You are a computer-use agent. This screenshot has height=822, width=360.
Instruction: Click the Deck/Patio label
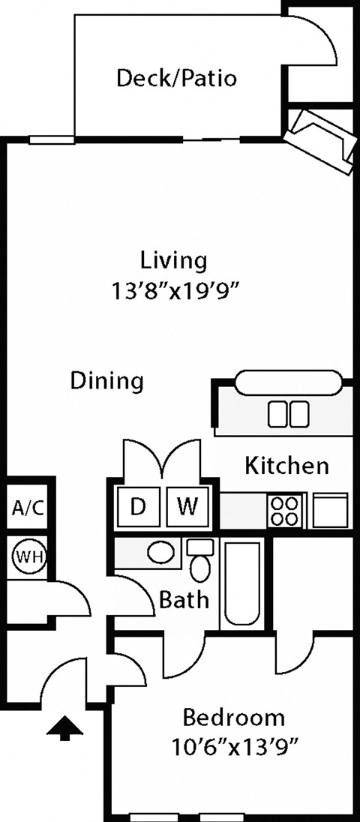click(176, 78)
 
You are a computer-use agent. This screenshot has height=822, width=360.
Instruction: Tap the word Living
click(173, 260)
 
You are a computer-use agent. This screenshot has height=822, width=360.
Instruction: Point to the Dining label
click(106, 381)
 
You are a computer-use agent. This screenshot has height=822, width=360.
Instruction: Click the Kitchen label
click(286, 466)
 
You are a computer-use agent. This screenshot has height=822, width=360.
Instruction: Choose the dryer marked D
click(137, 507)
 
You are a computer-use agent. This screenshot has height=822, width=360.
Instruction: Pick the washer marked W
click(187, 507)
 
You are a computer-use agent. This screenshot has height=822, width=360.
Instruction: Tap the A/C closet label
click(28, 508)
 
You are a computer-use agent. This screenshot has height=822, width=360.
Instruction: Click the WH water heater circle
click(28, 557)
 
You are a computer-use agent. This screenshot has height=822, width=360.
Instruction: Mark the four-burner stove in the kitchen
click(286, 511)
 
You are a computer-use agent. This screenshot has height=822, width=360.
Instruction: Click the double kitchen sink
click(289, 413)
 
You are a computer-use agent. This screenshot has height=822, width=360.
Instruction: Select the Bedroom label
click(234, 717)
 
